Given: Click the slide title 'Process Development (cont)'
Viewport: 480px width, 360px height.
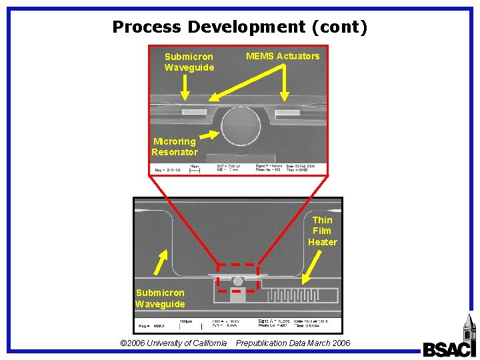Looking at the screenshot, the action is click(x=240, y=27).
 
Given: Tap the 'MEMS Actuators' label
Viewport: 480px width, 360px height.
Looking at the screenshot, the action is click(x=283, y=56).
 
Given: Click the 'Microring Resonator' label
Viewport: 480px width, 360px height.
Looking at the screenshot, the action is click(x=174, y=147).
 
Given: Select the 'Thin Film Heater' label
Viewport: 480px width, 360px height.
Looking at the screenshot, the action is click(x=323, y=231).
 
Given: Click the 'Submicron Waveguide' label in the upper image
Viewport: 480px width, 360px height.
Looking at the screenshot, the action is click(x=189, y=62).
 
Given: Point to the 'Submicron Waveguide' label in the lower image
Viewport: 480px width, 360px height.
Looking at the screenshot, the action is click(x=160, y=298).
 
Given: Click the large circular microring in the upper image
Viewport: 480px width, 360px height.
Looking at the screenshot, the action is click(x=241, y=125).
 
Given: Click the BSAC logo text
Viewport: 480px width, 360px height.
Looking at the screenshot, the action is click(x=449, y=349).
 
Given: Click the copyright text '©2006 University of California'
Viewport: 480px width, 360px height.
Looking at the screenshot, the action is click(x=173, y=343).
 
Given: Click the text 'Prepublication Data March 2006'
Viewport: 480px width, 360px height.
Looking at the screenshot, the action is click(x=293, y=343).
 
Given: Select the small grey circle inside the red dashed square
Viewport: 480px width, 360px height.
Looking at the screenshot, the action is click(x=238, y=281).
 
